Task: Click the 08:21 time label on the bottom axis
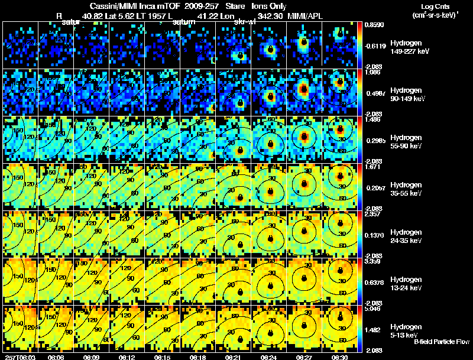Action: point(233,356)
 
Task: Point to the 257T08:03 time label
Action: point(18,356)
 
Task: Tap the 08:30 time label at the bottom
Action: point(339,356)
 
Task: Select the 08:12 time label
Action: point(126,356)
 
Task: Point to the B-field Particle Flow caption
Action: point(441,342)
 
